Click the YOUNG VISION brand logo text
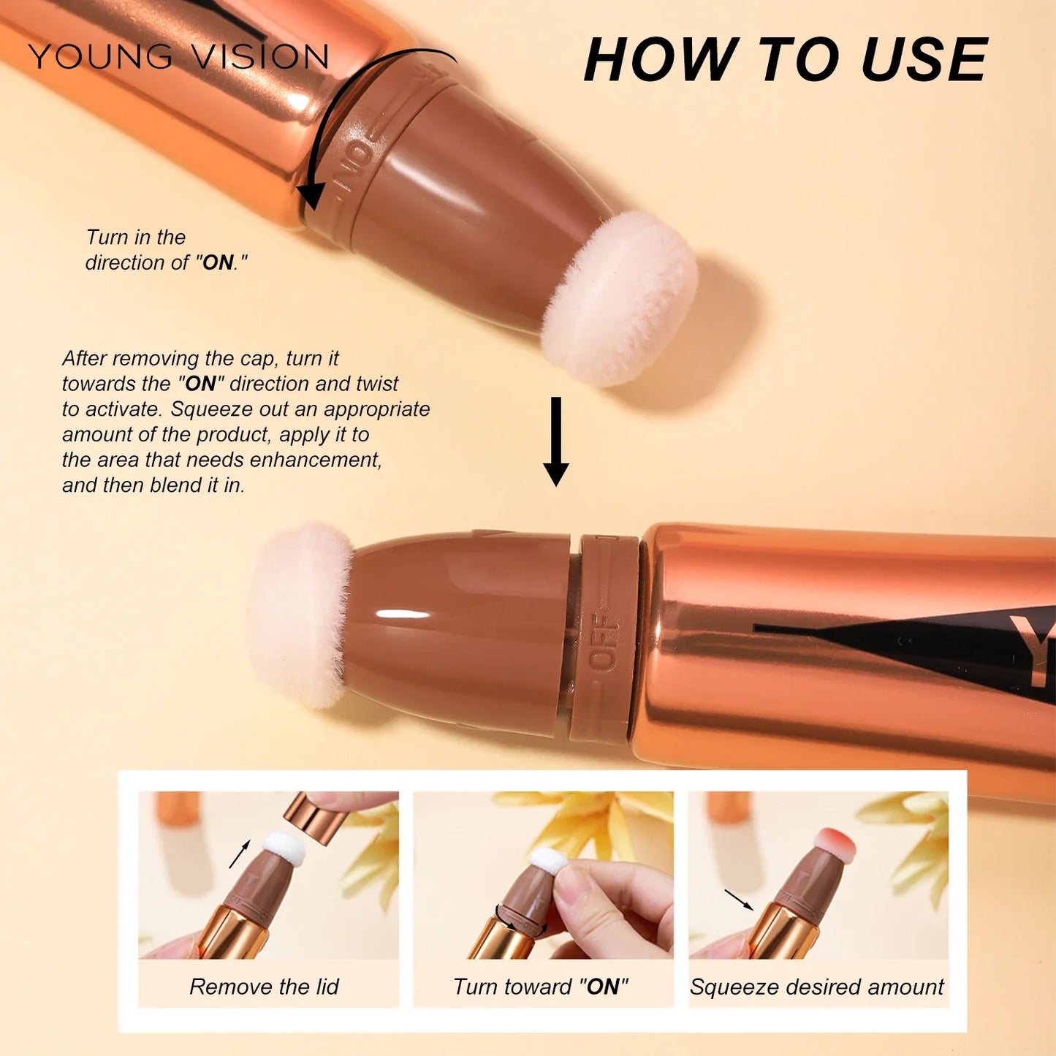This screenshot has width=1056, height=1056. [178, 56]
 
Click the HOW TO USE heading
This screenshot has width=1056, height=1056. [786, 60]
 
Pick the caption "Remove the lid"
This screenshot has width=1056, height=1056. [264, 987]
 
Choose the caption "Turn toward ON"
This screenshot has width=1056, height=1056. [541, 987]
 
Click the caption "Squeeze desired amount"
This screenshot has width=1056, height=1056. [816, 987]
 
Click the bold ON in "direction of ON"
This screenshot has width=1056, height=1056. [218, 262]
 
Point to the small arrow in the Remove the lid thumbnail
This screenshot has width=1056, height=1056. [240, 854]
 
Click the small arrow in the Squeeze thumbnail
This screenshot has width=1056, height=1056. [738, 900]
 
